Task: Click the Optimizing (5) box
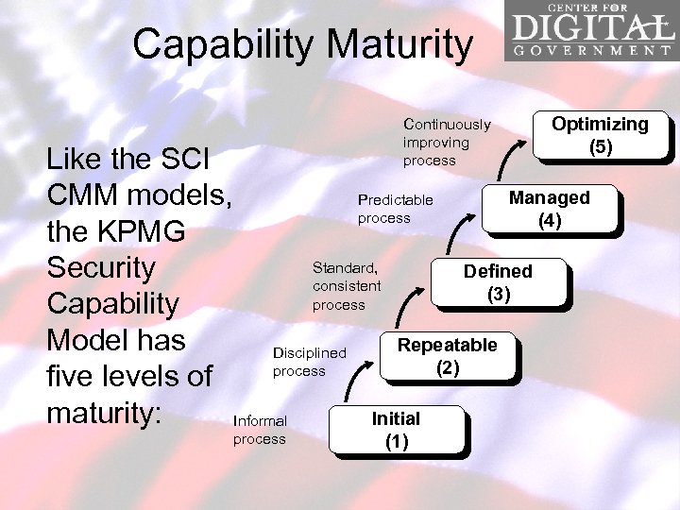(x=600, y=135)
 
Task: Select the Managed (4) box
(x=549, y=209)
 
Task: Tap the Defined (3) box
(x=498, y=282)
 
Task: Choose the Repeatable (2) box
(x=447, y=356)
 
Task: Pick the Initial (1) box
(x=397, y=430)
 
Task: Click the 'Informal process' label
(x=260, y=429)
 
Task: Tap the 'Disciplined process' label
(x=309, y=362)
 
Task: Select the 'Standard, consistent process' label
(x=347, y=285)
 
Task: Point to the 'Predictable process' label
(x=395, y=209)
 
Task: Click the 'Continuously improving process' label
(x=447, y=142)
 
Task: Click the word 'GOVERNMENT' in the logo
(x=589, y=50)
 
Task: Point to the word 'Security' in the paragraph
(x=101, y=267)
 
